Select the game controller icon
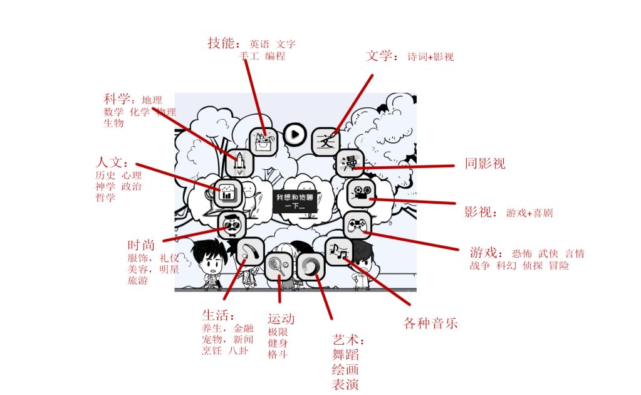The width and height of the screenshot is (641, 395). (358, 224)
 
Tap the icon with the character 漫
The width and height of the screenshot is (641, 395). (349, 163)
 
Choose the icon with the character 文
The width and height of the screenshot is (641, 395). (325, 140)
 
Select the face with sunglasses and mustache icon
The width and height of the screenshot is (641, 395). (231, 224)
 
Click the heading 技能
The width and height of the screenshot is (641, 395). (222, 43)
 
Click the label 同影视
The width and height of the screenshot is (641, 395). (485, 164)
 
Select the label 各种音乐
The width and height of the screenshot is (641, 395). (430, 324)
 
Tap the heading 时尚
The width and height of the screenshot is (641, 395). (141, 245)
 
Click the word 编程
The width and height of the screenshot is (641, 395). (275, 56)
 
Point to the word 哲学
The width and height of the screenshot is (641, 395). (105, 198)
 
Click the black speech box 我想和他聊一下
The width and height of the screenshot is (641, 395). (294, 201)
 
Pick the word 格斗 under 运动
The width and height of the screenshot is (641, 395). (277, 355)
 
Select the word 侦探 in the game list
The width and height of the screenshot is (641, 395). (533, 265)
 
